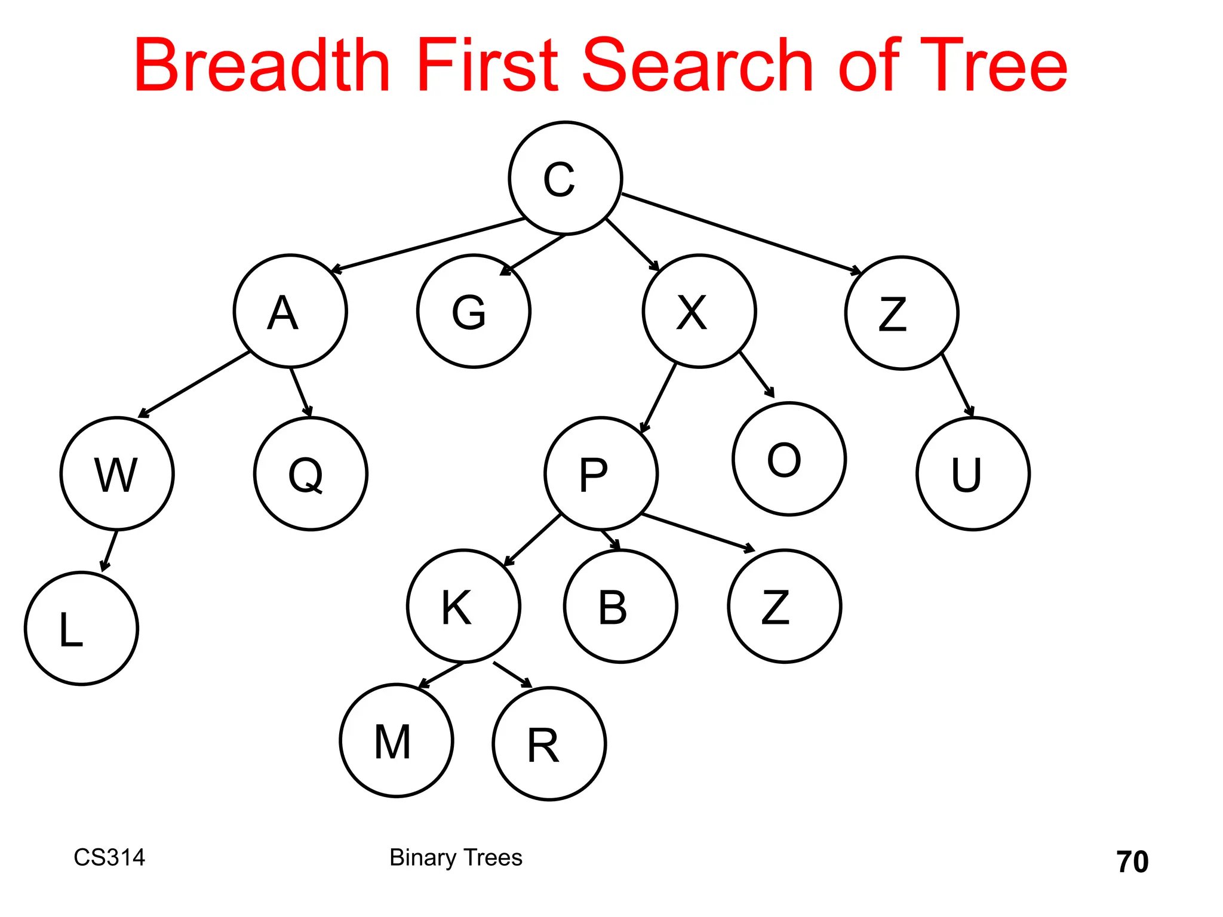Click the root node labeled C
coord(565,178)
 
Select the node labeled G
coord(474,311)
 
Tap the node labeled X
coord(699,311)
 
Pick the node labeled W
coord(117,473)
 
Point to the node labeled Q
coord(311,473)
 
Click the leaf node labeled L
coord(81,628)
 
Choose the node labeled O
coord(789,458)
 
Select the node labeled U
coord(973,473)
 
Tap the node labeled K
coord(463,606)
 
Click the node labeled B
coord(620,606)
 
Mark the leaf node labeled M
coord(396,740)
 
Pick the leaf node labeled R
coord(549,744)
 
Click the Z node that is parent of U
coord(902,313)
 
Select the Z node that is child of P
coord(784,606)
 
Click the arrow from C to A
coord(428,245)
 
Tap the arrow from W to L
coord(109,550)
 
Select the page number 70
coord(1132,861)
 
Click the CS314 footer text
coord(109,857)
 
